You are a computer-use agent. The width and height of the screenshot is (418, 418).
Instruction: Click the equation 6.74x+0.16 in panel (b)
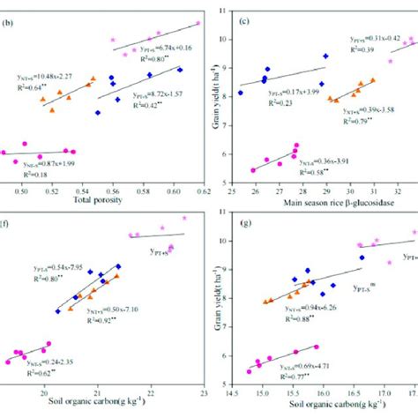pos(168,49)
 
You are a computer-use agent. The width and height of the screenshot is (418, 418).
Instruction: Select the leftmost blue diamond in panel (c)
pos(240,93)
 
